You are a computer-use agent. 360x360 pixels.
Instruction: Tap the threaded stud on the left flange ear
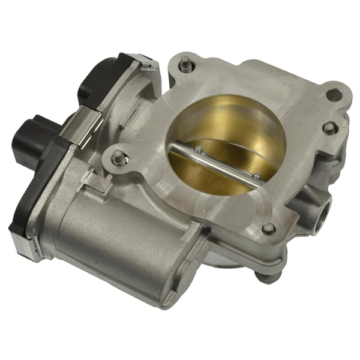click(x=118, y=158)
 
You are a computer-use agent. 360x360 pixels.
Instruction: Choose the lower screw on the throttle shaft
click(x=256, y=176)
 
